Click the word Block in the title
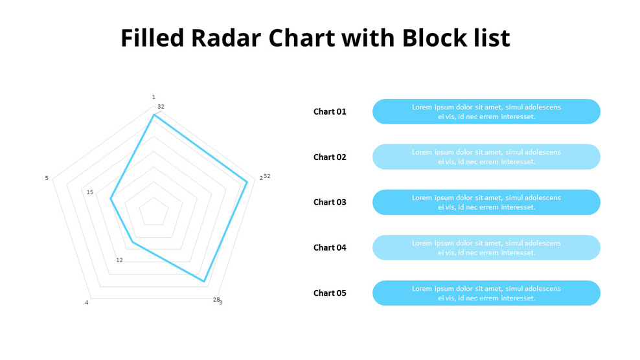(x=430, y=38)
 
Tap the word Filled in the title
(x=152, y=38)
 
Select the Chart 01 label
(x=330, y=111)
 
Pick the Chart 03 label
(x=330, y=202)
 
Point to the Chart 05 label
(x=330, y=293)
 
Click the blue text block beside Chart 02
(x=486, y=157)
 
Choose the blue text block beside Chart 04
(x=486, y=247)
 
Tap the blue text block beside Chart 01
(x=486, y=111)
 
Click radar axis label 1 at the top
(x=154, y=97)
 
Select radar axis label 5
(x=47, y=178)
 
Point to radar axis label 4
(x=87, y=302)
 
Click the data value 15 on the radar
(x=90, y=192)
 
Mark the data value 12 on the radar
(x=119, y=260)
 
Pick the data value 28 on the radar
(x=216, y=299)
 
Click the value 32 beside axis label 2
(x=267, y=176)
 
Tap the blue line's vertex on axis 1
(x=154, y=115)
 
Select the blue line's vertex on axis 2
(x=247, y=182)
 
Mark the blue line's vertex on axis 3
(x=204, y=282)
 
